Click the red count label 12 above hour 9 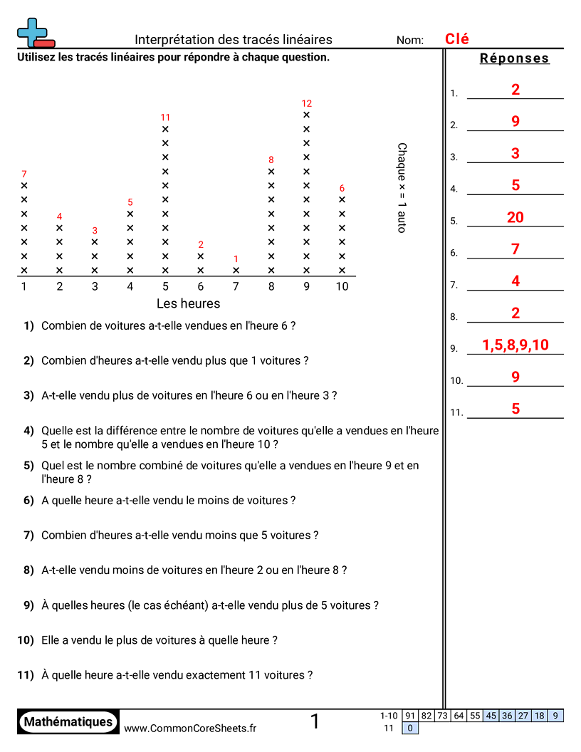307,103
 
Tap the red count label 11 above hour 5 165,117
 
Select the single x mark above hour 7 236,271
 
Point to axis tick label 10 342,286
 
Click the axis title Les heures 188,303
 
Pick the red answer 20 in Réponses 515,217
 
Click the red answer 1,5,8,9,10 515,345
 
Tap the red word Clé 457,39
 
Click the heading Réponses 515,58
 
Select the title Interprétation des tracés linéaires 234,40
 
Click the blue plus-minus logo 34,33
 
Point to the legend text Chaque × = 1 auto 402,187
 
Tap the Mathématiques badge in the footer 68,722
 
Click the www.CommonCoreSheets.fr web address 190,728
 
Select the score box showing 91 409,716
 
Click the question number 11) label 26,675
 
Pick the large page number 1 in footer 315,722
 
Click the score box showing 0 409,728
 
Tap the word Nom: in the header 410,41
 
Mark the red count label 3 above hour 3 95,231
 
